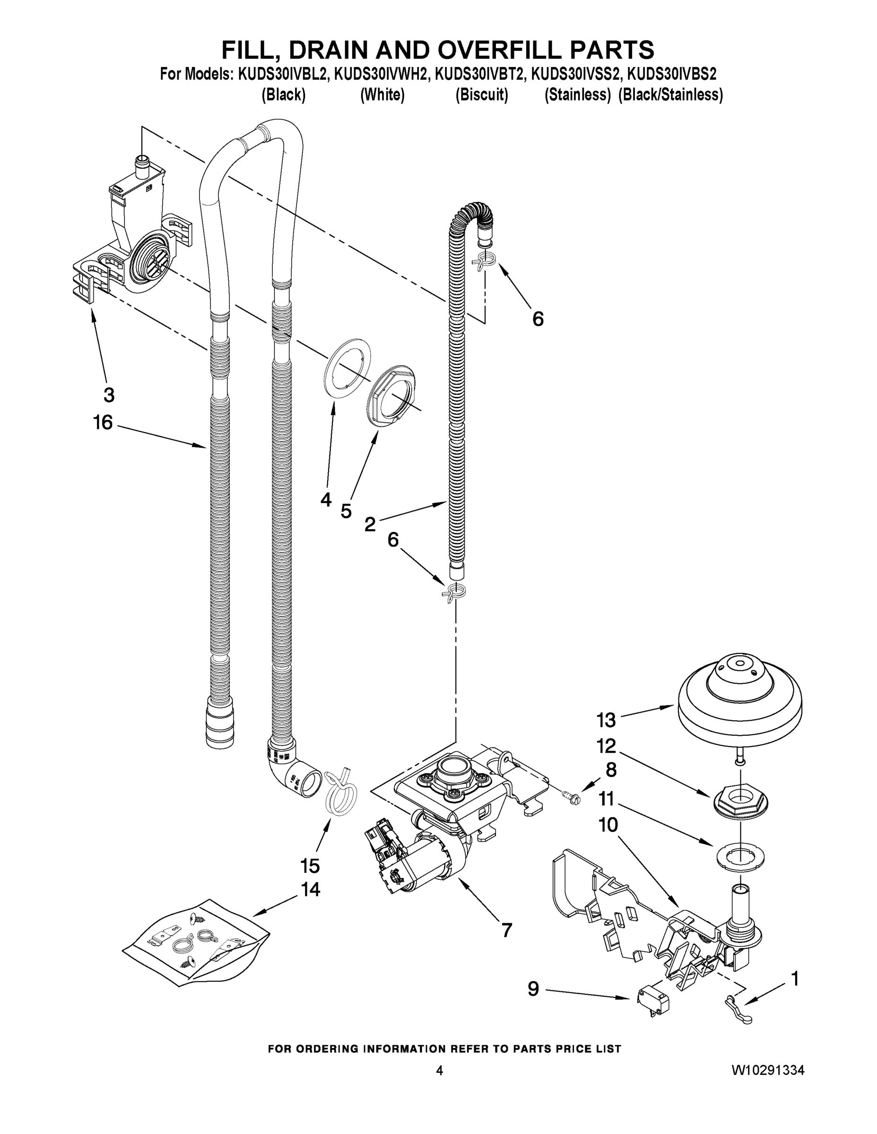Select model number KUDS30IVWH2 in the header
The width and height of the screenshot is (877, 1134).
[x=382, y=74]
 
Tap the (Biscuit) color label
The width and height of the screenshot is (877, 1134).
[x=482, y=95]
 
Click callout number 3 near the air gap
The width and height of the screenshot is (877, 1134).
[x=108, y=395]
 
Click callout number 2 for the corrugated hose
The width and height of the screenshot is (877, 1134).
[x=370, y=524]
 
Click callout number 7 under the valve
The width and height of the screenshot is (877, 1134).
[x=506, y=930]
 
